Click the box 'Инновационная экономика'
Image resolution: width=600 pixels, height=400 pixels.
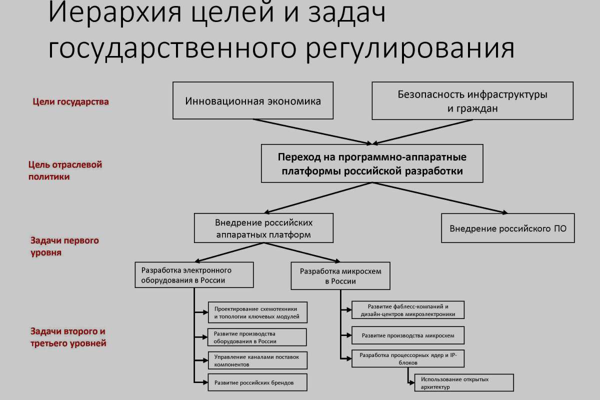tap(253, 100)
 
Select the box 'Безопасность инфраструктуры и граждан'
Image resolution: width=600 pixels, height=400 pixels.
tap(472, 100)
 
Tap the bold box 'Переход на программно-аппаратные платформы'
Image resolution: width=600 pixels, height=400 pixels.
tap(372, 163)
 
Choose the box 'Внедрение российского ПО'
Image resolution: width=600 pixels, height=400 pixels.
tap(508, 228)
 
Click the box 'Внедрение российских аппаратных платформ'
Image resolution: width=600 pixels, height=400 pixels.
tap(263, 228)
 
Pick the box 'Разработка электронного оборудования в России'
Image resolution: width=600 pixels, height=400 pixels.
tap(194, 275)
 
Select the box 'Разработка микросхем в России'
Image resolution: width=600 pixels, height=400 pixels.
tap(340, 275)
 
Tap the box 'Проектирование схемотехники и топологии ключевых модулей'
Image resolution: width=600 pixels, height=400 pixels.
tap(257, 312)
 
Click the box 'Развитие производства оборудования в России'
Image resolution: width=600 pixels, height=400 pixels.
tap(257, 337)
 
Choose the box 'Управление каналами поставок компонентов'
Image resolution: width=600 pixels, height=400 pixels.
tap(257, 360)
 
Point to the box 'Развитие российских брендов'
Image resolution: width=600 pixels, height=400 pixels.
tap(257, 382)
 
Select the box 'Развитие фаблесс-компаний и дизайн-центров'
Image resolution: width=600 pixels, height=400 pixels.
tap(407, 310)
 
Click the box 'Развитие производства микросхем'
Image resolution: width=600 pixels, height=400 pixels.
tap(407, 335)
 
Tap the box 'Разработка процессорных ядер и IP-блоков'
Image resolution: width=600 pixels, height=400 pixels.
tap(407, 358)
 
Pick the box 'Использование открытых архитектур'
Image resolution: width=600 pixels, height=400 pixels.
tap(464, 382)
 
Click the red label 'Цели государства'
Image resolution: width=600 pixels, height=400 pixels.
tap(70, 101)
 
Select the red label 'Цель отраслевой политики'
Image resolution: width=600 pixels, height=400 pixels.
tap(65, 170)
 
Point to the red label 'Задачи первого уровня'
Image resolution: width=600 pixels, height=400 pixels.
tap(64, 246)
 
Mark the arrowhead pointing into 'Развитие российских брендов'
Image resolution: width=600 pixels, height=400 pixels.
tap(205, 382)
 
